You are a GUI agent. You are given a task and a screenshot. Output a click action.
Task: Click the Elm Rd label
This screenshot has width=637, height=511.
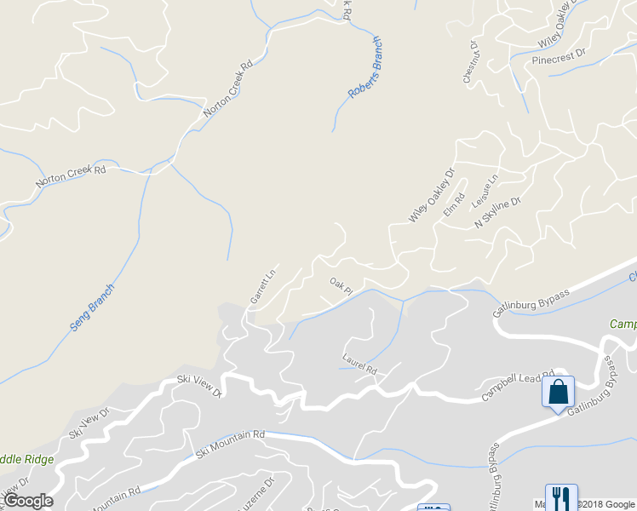click(453, 205)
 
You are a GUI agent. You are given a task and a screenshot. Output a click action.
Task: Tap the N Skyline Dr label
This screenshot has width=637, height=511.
click(496, 210)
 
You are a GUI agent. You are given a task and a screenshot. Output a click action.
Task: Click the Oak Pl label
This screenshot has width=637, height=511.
click(341, 285)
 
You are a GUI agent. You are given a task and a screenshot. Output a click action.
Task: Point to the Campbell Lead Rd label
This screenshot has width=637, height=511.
click(517, 384)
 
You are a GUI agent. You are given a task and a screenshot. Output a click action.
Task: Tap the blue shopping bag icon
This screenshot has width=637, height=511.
click(558, 393)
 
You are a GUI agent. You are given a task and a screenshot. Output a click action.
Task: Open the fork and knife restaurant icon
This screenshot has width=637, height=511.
click(560, 497)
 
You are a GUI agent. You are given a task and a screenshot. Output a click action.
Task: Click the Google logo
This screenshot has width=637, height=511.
click(28, 501)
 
